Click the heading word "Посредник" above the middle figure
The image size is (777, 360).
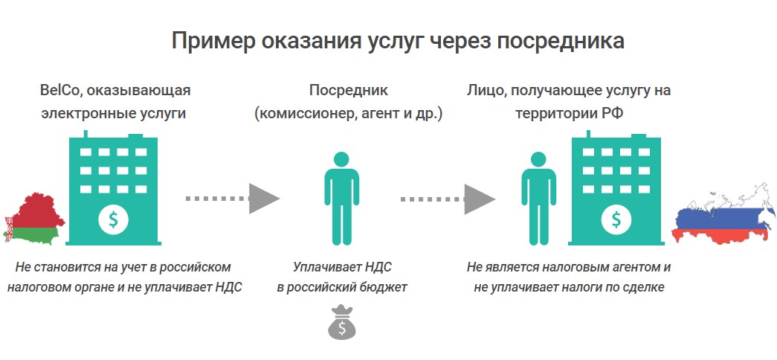(349, 91)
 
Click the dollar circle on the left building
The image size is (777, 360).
(114, 219)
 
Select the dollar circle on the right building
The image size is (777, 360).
(616, 219)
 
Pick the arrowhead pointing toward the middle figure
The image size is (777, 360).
(264, 199)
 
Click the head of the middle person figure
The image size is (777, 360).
(341, 159)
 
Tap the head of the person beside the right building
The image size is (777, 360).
(538, 159)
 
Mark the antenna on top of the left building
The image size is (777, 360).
(86, 134)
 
